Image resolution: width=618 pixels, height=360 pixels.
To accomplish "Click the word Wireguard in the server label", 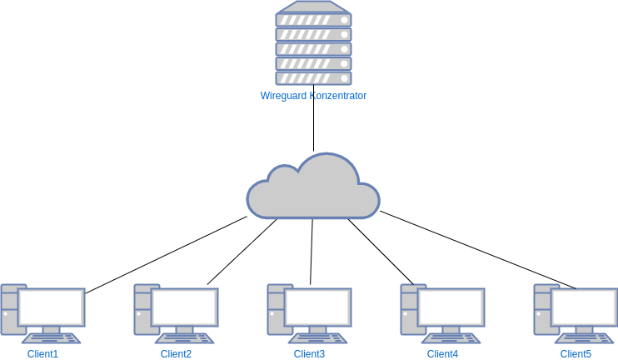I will [283, 96].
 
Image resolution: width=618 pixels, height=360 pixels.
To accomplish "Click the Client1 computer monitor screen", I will [52, 307].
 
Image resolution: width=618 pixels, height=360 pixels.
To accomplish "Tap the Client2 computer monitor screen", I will [185, 307].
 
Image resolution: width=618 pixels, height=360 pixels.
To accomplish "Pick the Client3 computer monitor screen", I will [318, 307].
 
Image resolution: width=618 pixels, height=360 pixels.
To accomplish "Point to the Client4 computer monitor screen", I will [451, 307].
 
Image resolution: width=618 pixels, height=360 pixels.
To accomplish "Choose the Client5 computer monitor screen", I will [585, 307].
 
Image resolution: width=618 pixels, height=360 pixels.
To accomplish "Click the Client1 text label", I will [42, 354].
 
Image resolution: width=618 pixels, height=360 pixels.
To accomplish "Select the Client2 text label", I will [176, 354].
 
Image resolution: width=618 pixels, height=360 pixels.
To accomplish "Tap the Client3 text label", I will [309, 354].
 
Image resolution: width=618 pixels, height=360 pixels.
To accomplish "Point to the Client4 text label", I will [442, 354].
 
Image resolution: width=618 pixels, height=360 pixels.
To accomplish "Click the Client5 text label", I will [576, 354].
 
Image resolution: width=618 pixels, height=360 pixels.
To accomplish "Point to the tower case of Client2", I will [142, 310].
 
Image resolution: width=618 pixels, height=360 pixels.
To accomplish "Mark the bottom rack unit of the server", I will [313, 77].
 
